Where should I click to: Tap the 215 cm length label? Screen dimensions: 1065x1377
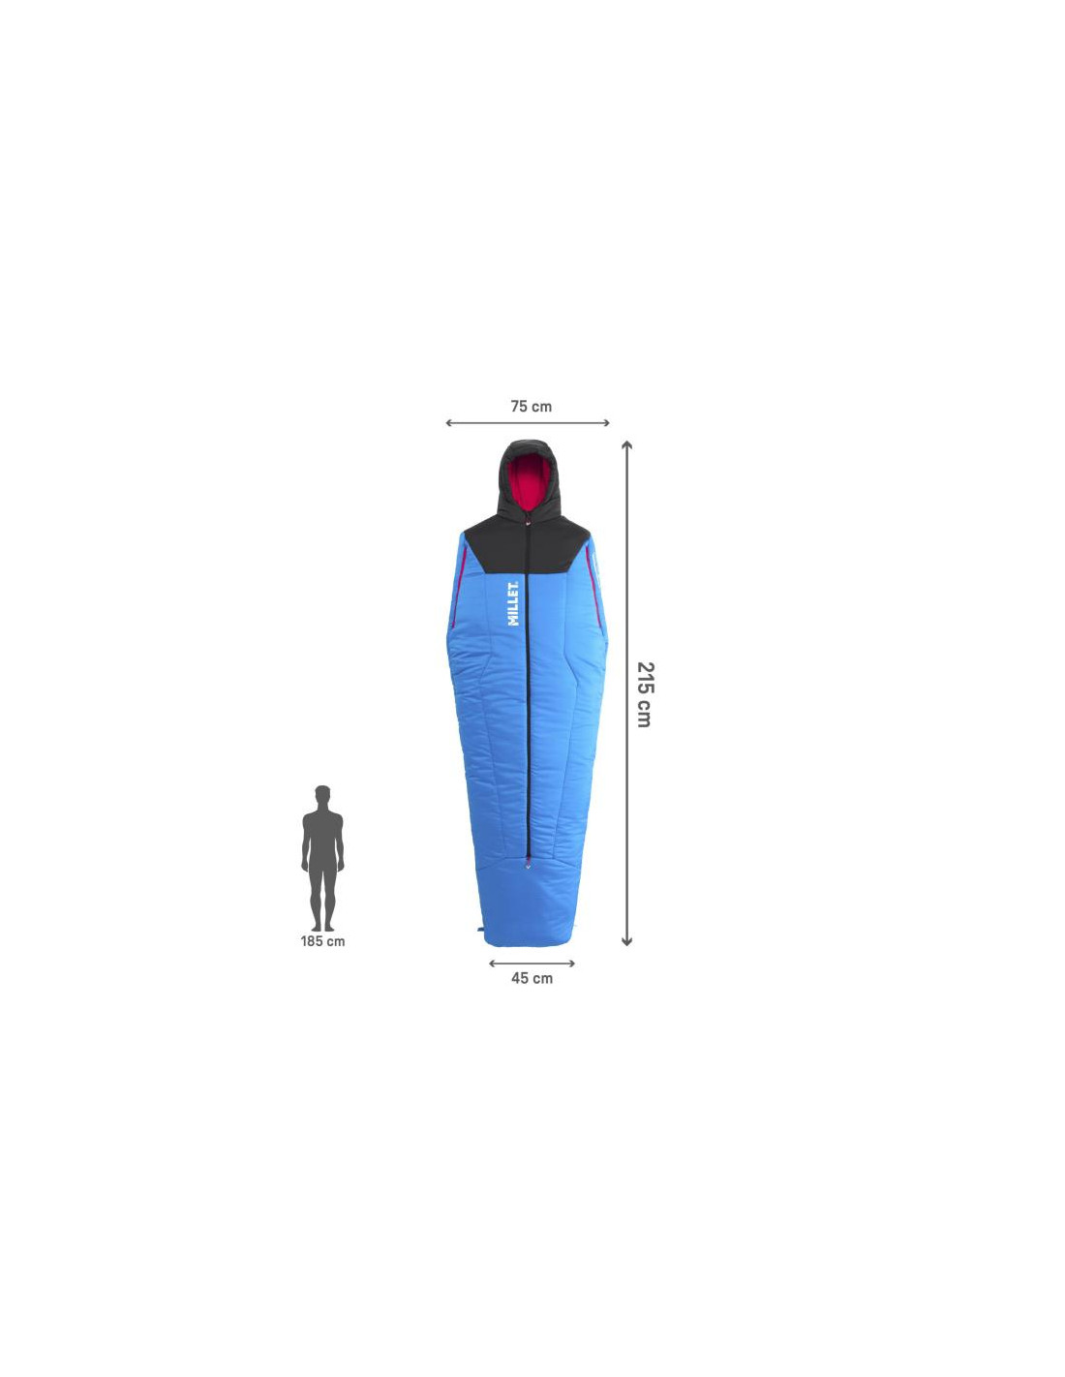coord(644,694)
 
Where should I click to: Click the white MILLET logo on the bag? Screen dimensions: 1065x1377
coord(514,602)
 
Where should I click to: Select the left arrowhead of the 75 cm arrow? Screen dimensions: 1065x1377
coord(449,422)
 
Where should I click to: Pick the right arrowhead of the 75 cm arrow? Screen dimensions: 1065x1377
coord(606,422)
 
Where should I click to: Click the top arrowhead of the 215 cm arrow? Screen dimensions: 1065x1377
coord(626,444)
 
